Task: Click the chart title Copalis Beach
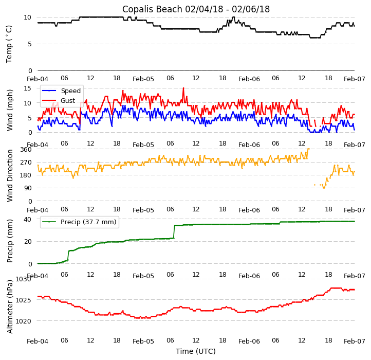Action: (196, 9)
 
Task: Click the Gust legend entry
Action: (67, 101)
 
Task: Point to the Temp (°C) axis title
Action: (9, 44)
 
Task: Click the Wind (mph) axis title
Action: (10, 110)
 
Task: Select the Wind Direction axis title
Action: (10, 175)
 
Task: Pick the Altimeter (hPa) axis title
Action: (10, 307)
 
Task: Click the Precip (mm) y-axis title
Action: (10, 241)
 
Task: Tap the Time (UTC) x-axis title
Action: (196, 352)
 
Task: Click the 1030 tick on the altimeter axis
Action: (23, 279)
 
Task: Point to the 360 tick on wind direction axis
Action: (26, 150)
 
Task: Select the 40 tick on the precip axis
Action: (28, 219)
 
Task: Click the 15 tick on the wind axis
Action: (28, 88)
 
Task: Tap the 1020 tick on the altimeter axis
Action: (23, 321)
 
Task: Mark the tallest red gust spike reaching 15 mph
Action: (183, 88)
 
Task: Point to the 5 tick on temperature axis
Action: (30, 44)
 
